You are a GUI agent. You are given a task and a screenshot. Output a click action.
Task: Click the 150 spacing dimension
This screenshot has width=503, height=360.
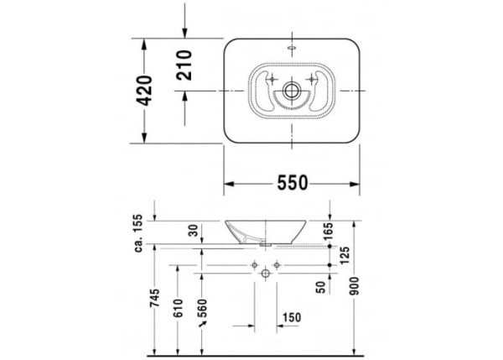coord(292,316)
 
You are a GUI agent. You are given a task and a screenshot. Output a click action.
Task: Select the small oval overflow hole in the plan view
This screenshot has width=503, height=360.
coord(292,48)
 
